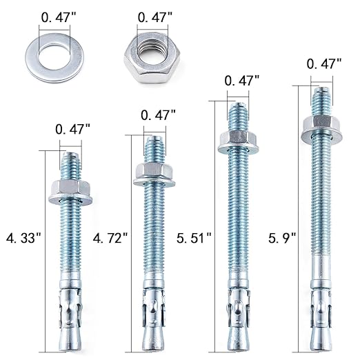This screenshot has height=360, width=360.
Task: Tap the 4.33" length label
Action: click(23, 238)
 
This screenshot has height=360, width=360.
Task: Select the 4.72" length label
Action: click(110, 238)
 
